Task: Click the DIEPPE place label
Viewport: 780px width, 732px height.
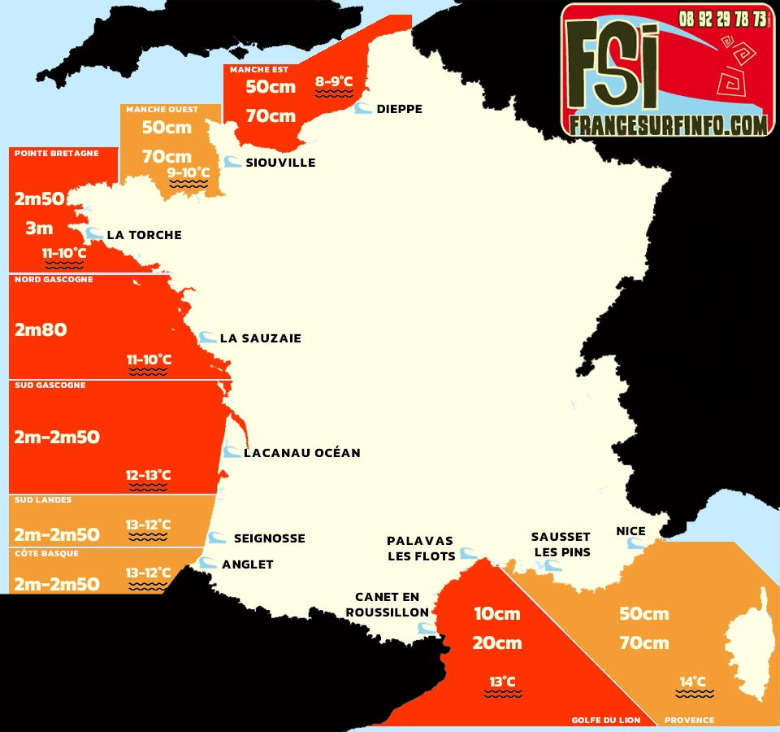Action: pyautogui.click(x=399, y=109)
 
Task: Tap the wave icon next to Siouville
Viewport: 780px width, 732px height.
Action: pyautogui.click(x=232, y=162)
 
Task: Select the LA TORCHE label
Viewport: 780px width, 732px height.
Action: pyautogui.click(x=144, y=235)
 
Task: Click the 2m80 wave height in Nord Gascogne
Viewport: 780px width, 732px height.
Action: pyautogui.click(x=41, y=329)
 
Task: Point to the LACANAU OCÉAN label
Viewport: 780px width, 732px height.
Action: pyautogui.click(x=301, y=453)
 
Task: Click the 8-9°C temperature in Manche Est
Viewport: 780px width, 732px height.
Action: pyautogui.click(x=334, y=81)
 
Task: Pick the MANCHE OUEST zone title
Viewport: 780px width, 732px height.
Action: pyautogui.click(x=162, y=110)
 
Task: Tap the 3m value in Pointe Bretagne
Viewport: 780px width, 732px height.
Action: pyautogui.click(x=38, y=229)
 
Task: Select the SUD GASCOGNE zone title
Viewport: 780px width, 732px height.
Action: pyautogui.click(x=50, y=386)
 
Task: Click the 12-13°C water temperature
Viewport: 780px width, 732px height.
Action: pyautogui.click(x=148, y=475)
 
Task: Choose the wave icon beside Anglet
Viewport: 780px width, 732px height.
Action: pyautogui.click(x=208, y=563)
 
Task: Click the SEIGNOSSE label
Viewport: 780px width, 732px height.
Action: pyautogui.click(x=269, y=538)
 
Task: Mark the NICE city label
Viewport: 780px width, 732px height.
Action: pyautogui.click(x=630, y=531)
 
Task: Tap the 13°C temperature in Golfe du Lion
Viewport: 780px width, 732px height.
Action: pyautogui.click(x=502, y=682)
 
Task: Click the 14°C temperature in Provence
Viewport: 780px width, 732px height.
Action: pyautogui.click(x=693, y=682)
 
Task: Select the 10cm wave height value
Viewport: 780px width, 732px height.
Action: pyautogui.click(x=497, y=613)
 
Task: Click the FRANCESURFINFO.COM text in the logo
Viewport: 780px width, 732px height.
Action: pyautogui.click(x=668, y=124)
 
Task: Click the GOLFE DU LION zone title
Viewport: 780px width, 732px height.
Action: pyautogui.click(x=605, y=720)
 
